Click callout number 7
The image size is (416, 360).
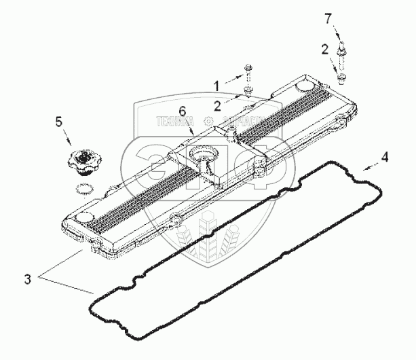328,18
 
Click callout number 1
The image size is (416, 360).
216,86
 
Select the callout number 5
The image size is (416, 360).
58,122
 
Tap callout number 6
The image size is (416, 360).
182,111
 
